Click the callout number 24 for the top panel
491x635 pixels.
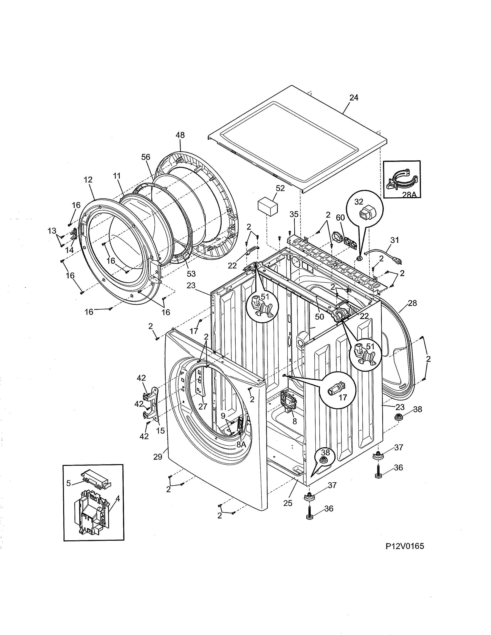coord(354,98)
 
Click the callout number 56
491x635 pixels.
coord(146,157)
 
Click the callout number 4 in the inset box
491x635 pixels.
coord(117,499)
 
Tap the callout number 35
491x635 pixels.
coord(294,214)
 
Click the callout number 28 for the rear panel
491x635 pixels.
coord(412,303)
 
